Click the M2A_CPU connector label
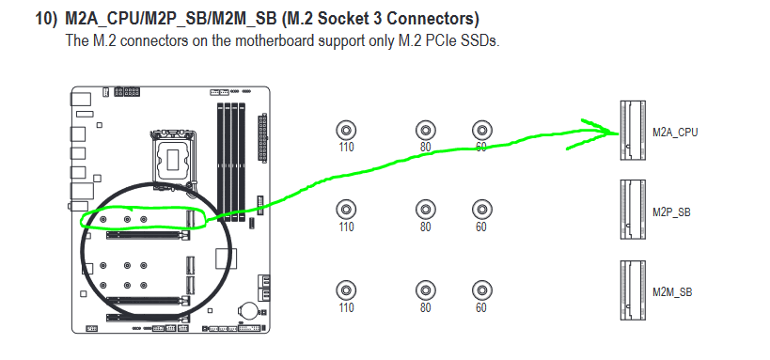tap(675, 133)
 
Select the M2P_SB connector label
tap(671, 212)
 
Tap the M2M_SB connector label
tap(672, 292)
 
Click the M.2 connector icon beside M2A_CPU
tap(633, 130)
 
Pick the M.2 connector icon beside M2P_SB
tap(633, 210)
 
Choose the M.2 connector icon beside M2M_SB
tap(633, 290)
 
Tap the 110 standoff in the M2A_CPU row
tap(346, 130)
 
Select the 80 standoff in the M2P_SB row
tap(425, 210)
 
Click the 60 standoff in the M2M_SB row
tap(481, 290)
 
